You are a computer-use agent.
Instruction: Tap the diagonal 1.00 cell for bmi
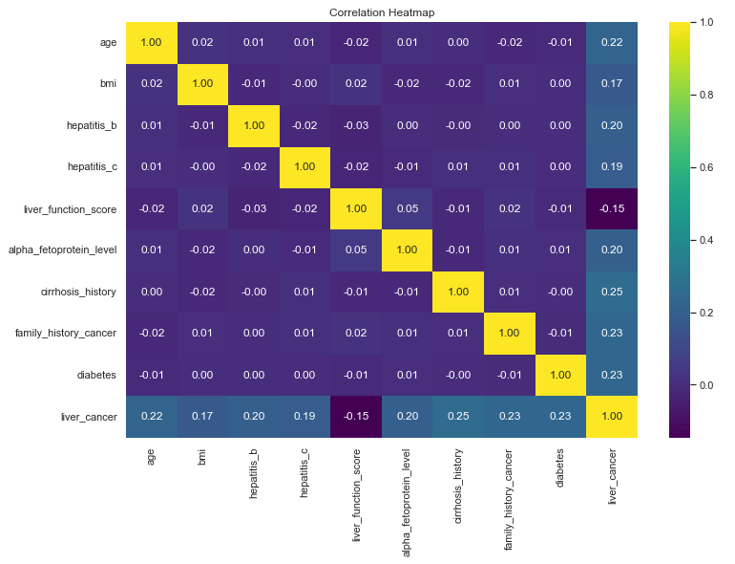click(x=202, y=84)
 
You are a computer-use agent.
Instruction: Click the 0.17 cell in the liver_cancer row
click(x=202, y=417)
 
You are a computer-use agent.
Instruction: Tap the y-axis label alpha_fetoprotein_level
click(x=65, y=250)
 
